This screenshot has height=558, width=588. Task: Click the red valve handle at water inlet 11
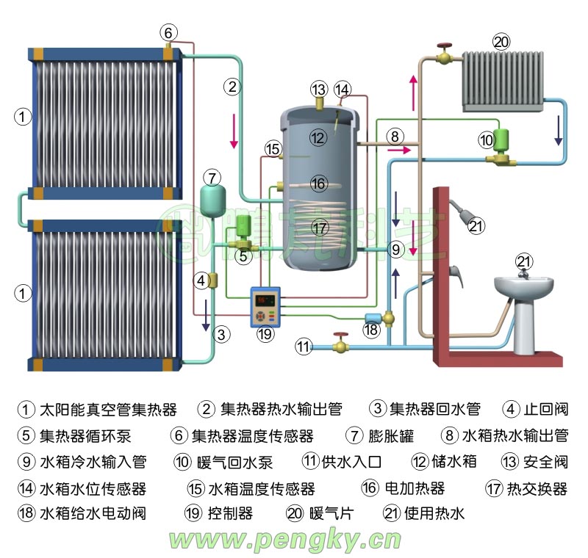(x=340, y=337)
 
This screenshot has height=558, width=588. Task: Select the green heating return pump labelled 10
(x=504, y=139)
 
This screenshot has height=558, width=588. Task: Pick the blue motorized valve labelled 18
(x=374, y=317)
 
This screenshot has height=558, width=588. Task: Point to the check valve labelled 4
(x=214, y=280)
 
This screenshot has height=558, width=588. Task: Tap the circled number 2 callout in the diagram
(x=232, y=87)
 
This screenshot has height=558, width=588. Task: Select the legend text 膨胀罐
(x=390, y=436)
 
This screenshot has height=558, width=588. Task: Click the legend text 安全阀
(x=544, y=462)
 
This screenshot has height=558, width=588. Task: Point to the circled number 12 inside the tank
(x=317, y=137)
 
